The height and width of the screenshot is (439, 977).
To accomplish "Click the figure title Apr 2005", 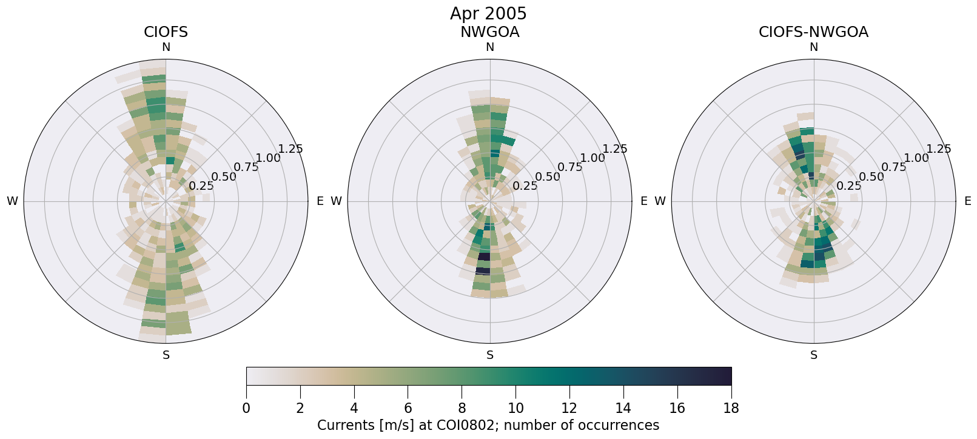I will tap(488, 13).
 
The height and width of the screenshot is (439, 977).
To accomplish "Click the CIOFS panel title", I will tap(166, 32).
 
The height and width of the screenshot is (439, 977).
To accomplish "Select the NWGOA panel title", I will tap(489, 32).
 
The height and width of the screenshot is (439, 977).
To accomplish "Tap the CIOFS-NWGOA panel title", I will tap(813, 32).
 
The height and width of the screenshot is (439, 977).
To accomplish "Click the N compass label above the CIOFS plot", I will tap(166, 47).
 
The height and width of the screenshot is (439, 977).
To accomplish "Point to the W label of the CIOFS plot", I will tap(12, 201).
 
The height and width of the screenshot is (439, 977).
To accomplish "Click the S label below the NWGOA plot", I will tap(490, 355).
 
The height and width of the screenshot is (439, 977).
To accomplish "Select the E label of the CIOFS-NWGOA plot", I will tap(968, 201).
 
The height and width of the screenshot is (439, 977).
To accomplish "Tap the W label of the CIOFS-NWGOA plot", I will tap(660, 201).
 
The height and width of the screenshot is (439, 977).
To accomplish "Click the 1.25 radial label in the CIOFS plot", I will tap(290, 149).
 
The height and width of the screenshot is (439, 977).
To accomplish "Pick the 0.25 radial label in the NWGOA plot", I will tap(525, 186).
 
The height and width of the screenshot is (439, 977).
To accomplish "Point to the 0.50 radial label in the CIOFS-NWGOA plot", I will tap(871, 177).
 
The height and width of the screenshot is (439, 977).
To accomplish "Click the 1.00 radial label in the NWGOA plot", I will tap(593, 158).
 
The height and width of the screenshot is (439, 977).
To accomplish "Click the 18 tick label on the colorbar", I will tap(731, 408).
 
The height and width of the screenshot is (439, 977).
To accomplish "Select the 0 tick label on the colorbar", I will tap(246, 408).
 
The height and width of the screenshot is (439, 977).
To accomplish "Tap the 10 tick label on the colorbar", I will tap(515, 408).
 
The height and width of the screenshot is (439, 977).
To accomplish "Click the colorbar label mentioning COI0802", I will tap(488, 425).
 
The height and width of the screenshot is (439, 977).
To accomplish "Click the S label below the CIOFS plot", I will tap(166, 355).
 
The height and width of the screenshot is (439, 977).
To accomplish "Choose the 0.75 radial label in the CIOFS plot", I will tap(246, 167).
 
